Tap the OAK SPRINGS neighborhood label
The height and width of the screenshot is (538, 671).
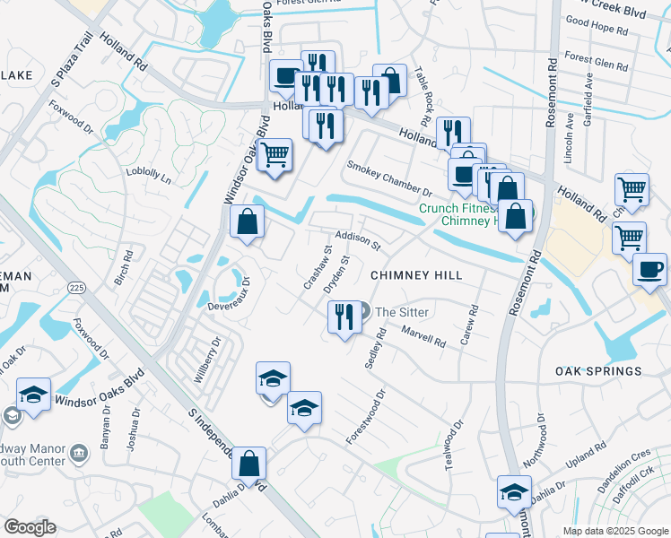click(598, 371)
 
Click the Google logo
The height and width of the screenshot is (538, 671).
click(30, 527)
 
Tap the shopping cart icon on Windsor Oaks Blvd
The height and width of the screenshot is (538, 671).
click(275, 154)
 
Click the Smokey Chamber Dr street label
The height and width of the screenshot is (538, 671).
click(389, 178)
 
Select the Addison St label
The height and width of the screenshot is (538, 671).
click(358, 240)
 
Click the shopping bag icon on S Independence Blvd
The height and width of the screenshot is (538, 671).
click(249, 464)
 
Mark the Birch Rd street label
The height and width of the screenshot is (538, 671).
click(125, 266)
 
